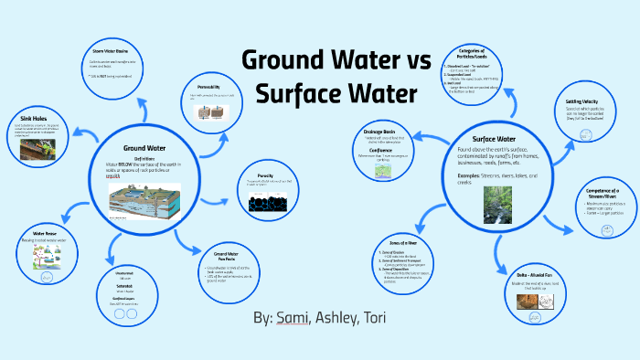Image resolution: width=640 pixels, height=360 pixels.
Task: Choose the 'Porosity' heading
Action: tap(263, 172)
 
